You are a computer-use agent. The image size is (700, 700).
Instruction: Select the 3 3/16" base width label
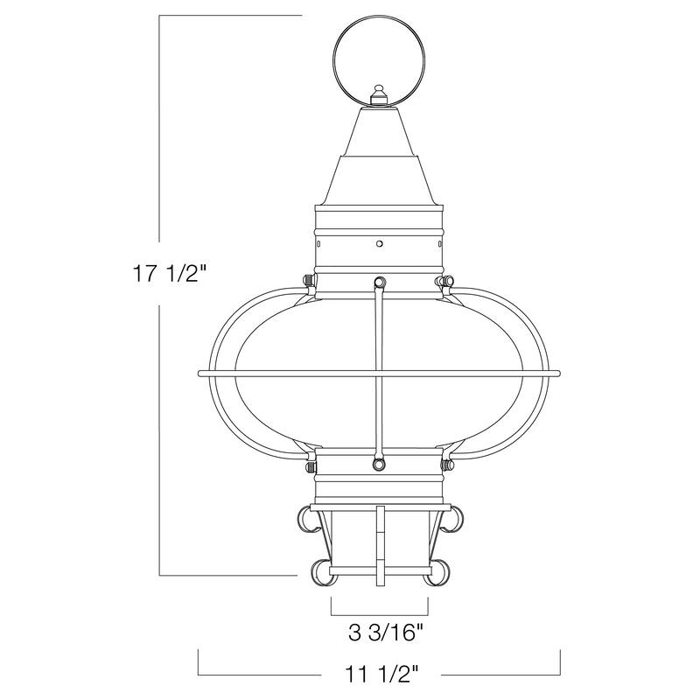tap(378, 630)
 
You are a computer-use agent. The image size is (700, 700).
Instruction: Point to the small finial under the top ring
tap(379, 95)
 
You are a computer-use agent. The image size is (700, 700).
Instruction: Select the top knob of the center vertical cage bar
tap(379, 282)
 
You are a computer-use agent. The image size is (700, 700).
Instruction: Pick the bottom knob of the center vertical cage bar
tap(379, 464)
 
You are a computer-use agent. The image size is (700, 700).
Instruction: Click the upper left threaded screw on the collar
tap(309, 280)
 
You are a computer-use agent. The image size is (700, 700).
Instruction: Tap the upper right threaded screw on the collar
tap(446, 281)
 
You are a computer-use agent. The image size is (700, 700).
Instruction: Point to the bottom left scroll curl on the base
tap(318, 571)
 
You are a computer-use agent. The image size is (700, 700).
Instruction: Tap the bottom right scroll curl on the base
tap(440, 571)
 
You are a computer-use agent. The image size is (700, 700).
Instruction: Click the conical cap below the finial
tap(379, 140)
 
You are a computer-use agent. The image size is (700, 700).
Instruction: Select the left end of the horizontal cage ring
tap(202, 374)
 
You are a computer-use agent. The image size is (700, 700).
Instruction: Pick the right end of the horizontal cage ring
tap(556, 374)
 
